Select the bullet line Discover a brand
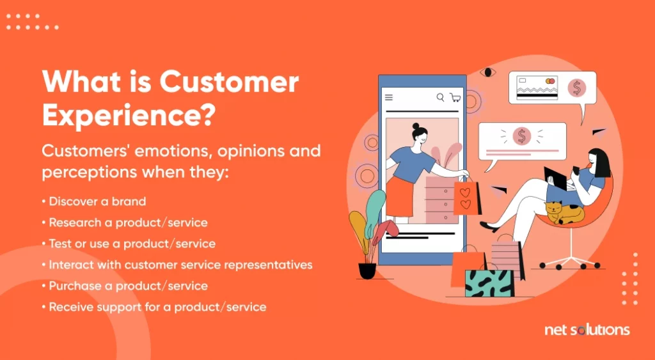point(94,201)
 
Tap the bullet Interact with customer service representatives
point(177,265)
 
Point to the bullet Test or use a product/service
point(129,244)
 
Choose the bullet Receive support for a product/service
point(154,307)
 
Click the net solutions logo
point(587,330)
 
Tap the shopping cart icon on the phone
point(455,97)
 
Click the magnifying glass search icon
point(440,97)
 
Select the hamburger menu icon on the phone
point(389,97)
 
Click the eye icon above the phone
point(487,72)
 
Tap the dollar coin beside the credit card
point(576,88)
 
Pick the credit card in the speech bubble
point(537,88)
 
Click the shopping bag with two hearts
point(466,198)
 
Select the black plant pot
point(368,270)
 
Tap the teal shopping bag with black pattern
point(489,283)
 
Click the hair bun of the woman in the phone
point(416,126)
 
